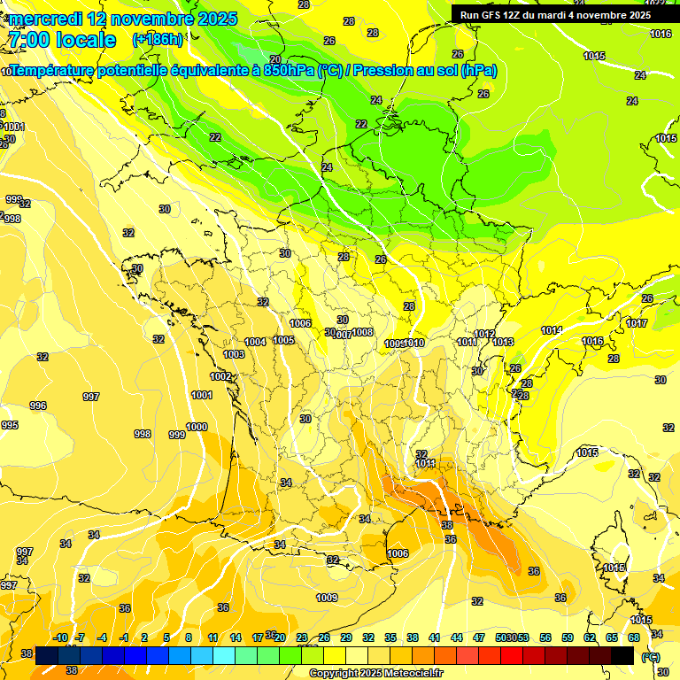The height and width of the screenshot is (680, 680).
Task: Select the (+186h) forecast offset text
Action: (x=158, y=40)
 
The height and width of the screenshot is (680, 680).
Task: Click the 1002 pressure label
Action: (x=220, y=376)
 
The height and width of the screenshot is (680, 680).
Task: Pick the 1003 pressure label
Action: (x=234, y=354)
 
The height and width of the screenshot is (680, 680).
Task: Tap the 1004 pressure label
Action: (x=255, y=342)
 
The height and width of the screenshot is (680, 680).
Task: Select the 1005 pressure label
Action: (x=283, y=340)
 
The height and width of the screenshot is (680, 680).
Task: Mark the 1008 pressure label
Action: (x=362, y=332)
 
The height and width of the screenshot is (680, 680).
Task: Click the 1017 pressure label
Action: (x=637, y=323)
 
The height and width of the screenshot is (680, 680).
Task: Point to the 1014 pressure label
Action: (x=551, y=330)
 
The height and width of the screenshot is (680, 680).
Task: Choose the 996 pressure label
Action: (x=37, y=406)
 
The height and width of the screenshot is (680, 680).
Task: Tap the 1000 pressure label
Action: (x=197, y=427)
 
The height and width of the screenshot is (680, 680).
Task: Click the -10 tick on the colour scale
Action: (x=60, y=637)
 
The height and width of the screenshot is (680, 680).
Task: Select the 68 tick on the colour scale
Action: (x=634, y=637)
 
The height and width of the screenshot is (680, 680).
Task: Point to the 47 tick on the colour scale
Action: (x=479, y=637)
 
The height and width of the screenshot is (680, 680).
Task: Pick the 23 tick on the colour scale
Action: (x=301, y=637)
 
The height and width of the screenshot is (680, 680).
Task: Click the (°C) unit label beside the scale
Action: (x=651, y=656)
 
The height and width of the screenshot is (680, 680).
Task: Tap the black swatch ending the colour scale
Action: (x=622, y=655)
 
